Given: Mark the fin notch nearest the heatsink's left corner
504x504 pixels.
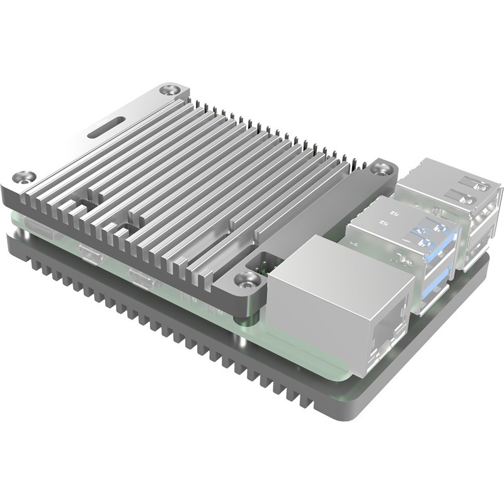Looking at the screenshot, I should coord(81,206).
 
